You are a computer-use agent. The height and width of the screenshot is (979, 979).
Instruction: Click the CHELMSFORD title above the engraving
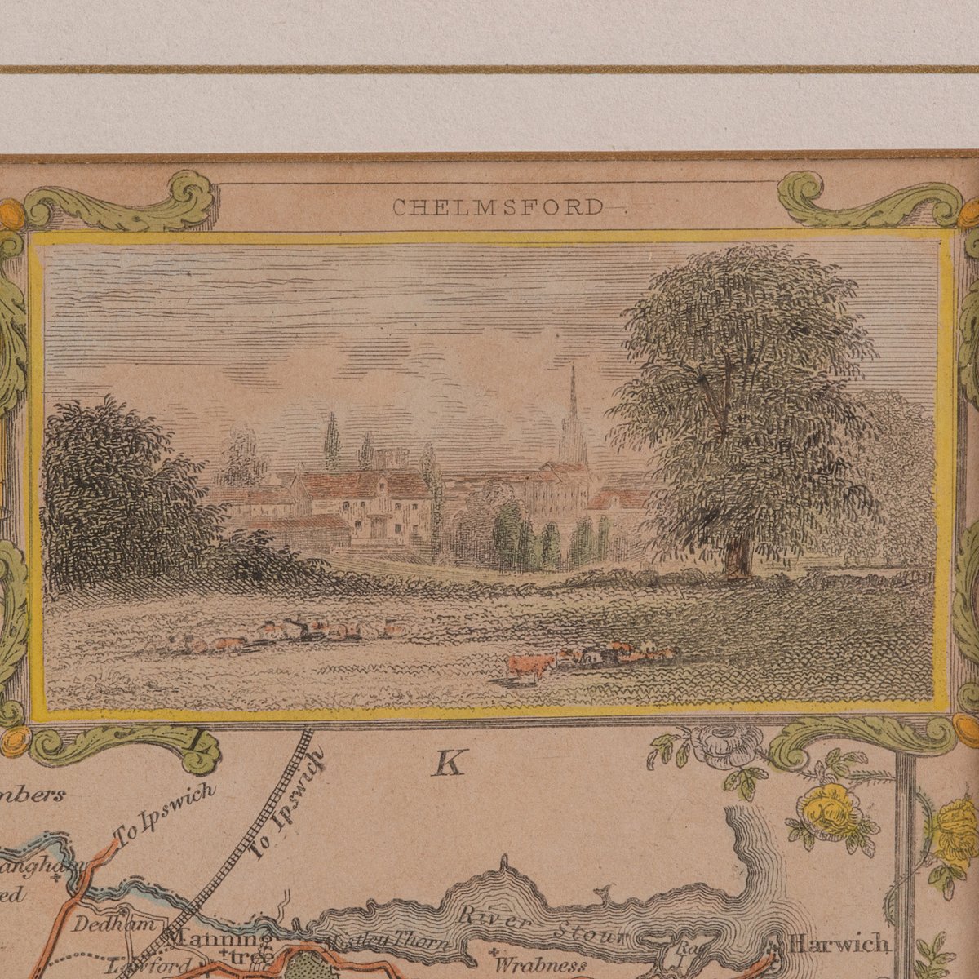click(498, 207)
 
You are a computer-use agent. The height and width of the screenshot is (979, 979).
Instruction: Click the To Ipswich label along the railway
click(286, 804)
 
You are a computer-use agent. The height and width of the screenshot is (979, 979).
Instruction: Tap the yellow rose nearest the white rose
click(828, 812)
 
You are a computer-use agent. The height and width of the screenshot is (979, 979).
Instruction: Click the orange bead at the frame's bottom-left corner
click(15, 741)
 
